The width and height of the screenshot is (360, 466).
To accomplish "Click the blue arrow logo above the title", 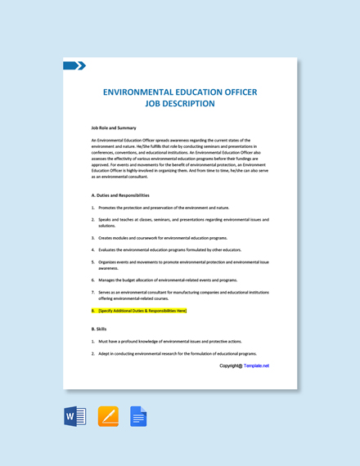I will [74, 65].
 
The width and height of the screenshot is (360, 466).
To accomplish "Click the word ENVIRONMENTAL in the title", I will [143, 92].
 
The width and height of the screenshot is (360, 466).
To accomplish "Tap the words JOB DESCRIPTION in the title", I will [179, 104].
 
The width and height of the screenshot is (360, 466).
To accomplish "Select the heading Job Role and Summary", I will [114, 128].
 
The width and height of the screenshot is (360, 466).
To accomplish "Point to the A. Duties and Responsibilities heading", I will [120, 195].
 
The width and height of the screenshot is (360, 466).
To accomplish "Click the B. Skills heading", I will [99, 329].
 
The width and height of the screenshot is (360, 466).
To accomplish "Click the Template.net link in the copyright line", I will [256, 365].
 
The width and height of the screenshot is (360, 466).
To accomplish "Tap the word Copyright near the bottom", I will [231, 365].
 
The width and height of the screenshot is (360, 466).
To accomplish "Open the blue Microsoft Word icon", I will [74, 416].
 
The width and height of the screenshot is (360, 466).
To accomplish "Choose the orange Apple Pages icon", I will [108, 416].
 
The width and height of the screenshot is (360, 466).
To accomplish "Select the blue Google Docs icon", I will [138, 416].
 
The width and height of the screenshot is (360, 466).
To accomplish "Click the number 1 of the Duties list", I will [92, 208].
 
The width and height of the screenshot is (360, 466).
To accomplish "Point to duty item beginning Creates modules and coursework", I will [163, 238].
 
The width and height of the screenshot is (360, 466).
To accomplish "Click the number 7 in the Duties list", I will [92, 292].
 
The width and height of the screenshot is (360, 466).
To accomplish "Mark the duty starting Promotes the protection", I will [164, 208].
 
